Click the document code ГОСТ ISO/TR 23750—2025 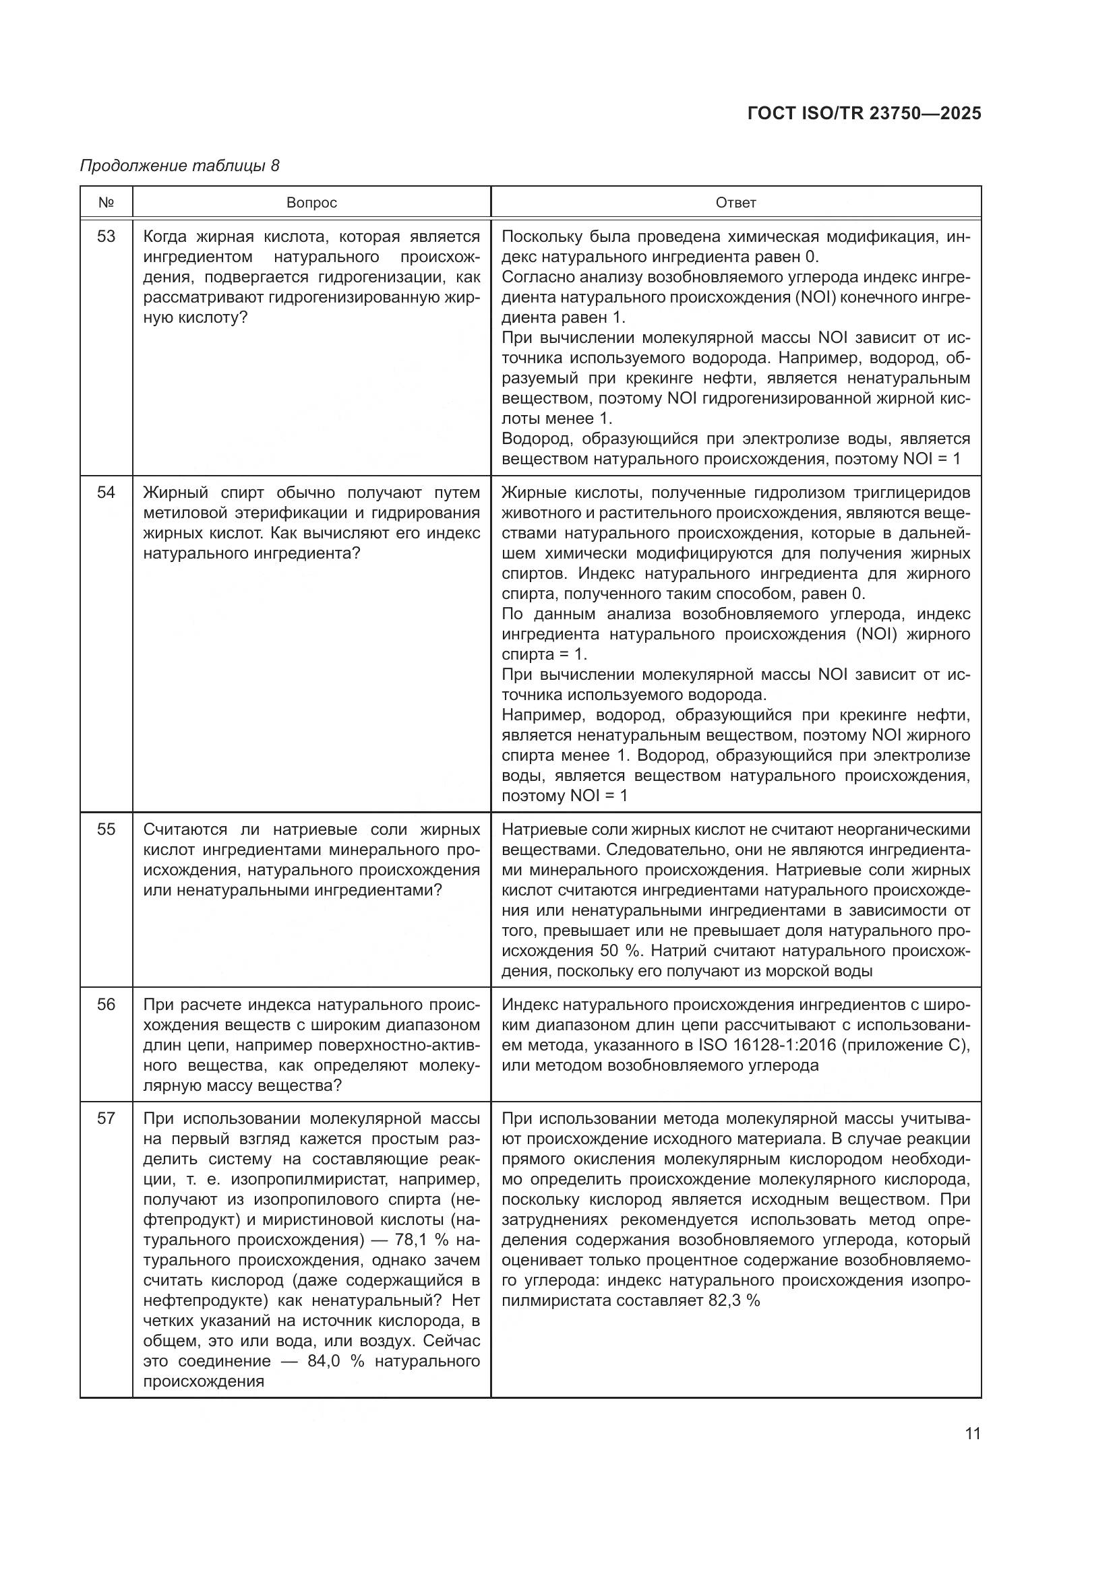tap(864, 113)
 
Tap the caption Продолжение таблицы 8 tap(180, 166)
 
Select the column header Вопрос tap(311, 203)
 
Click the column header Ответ tap(735, 203)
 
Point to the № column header tap(106, 203)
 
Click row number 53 tap(106, 237)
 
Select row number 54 tap(106, 493)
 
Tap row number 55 tap(106, 829)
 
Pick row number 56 tap(106, 1005)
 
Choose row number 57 tap(106, 1119)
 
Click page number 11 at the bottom tap(972, 1434)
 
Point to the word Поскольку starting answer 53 tap(543, 237)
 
